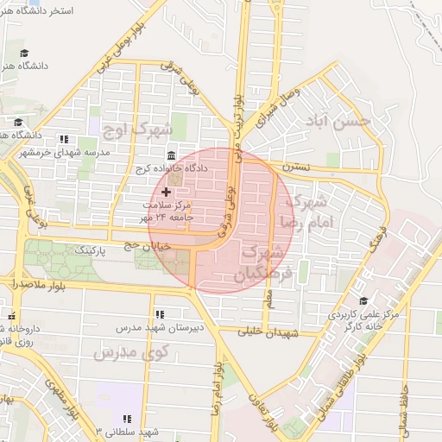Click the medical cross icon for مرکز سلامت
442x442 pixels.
[166, 189]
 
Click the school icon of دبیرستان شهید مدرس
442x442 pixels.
[159, 314]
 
